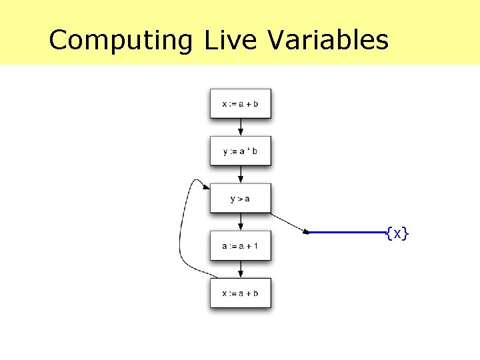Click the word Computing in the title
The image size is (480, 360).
[x=121, y=40]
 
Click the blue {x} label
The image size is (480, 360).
[x=397, y=233]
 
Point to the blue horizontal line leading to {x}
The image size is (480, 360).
[x=347, y=233]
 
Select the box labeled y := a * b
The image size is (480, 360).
[x=241, y=151]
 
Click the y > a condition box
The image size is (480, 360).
[x=241, y=199]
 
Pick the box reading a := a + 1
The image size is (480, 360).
[x=241, y=246]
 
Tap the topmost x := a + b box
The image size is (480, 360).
[x=241, y=104]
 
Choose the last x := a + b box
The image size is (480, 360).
[x=241, y=293]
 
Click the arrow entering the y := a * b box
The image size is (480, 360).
[x=241, y=128]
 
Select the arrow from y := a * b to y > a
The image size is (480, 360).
[x=241, y=175]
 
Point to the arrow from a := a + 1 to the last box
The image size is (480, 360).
[x=241, y=270]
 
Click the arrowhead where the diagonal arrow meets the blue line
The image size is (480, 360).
[x=307, y=232]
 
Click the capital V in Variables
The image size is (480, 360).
[x=275, y=40]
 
